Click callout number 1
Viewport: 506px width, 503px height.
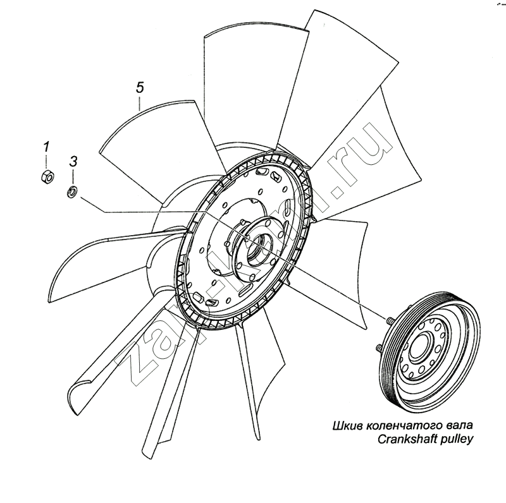click(46, 147)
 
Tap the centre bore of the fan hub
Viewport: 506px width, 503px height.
click(256, 244)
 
